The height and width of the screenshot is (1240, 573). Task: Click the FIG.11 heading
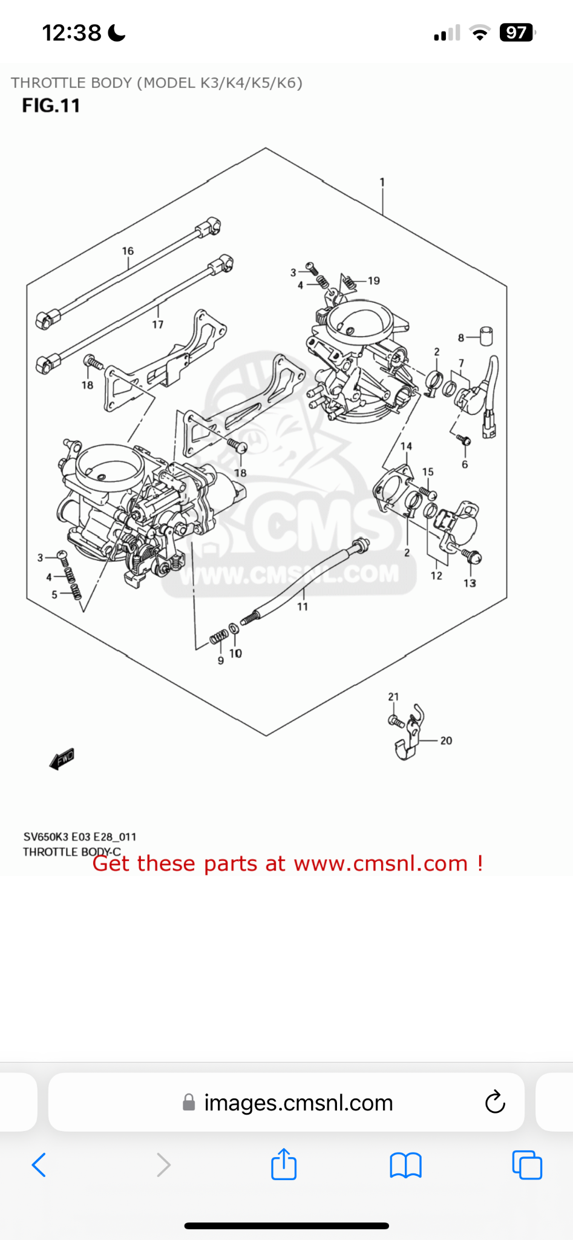(x=51, y=105)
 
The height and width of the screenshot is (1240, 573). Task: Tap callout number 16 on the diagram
(x=128, y=251)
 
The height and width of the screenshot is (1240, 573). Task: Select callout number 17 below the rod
(x=158, y=325)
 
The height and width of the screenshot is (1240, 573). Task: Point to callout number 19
(x=374, y=281)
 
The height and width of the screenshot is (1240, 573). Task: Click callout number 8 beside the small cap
(x=461, y=338)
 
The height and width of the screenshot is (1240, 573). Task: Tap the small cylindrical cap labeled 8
(x=486, y=336)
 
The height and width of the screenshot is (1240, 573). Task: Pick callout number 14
(x=406, y=446)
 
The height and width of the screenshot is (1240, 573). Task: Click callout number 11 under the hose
(x=303, y=606)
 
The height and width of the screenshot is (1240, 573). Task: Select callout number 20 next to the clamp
(x=446, y=740)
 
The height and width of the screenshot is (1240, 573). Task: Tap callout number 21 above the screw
(x=393, y=697)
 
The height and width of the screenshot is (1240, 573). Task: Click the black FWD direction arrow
(x=62, y=759)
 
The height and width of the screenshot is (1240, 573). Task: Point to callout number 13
(x=470, y=583)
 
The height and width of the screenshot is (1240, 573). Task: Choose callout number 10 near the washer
(x=235, y=653)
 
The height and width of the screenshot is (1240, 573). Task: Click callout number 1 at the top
(x=382, y=182)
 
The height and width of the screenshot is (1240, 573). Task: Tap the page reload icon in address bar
(x=495, y=1103)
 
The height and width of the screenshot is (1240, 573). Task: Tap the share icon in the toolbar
(x=284, y=1164)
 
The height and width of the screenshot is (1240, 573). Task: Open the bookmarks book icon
(x=405, y=1165)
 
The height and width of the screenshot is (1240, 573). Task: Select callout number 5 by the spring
(x=54, y=595)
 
